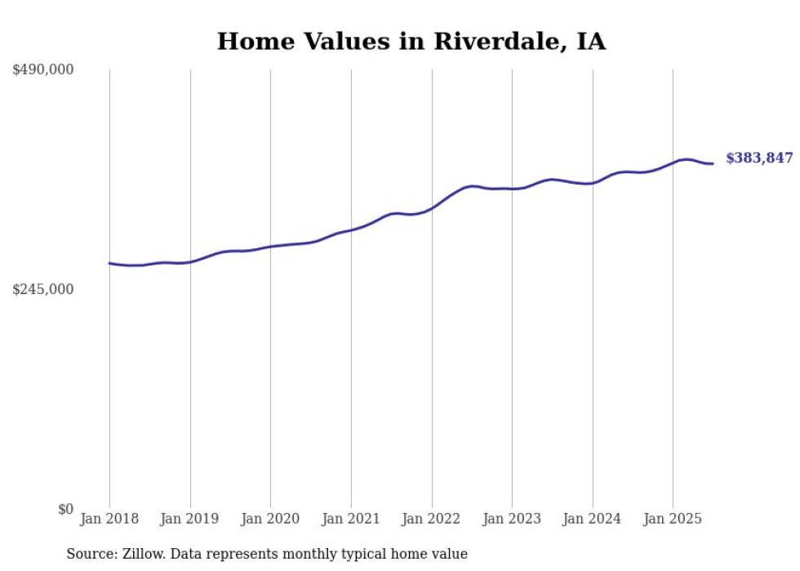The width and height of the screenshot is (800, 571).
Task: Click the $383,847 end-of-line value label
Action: [758, 158]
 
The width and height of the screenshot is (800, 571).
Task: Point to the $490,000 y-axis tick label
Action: [42, 70]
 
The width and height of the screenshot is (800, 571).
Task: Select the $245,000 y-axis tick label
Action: [42, 289]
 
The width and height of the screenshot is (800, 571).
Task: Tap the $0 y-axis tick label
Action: [65, 509]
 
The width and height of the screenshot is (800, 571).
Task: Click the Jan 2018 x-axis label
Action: [109, 519]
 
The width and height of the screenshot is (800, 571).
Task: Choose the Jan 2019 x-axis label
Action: [190, 519]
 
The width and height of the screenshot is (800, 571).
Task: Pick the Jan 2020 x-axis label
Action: [270, 519]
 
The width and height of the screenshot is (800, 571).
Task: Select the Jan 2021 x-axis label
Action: [351, 519]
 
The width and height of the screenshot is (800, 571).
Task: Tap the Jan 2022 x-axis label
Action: [432, 519]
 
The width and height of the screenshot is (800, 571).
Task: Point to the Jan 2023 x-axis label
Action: [512, 519]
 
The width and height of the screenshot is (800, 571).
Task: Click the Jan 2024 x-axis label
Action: [593, 519]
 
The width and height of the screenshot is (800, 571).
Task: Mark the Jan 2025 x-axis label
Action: [673, 519]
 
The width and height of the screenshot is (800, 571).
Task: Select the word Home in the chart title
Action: [250, 42]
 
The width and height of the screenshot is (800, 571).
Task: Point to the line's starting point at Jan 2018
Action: [109, 263]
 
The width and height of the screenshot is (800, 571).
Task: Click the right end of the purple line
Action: [713, 164]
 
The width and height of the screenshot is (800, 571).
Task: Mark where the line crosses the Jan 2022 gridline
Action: [432, 208]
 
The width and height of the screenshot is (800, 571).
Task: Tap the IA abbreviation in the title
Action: [591, 42]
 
